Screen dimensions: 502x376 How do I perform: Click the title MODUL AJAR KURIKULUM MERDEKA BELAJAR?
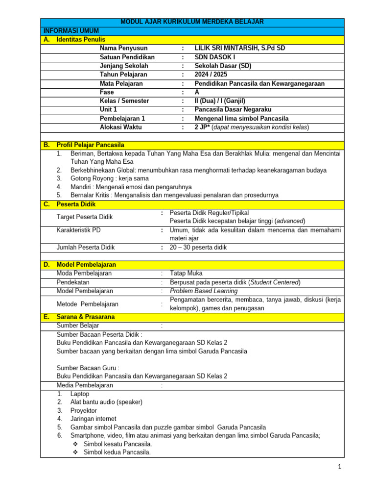pos(192,22)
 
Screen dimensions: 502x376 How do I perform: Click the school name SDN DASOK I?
pos(215,57)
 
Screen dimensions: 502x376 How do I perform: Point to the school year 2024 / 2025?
pos(211,75)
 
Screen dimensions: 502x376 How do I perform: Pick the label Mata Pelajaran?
pos(121,83)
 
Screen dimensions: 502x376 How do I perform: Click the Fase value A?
pos(197,92)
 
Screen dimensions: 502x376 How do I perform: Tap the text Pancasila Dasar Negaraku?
pos(233,109)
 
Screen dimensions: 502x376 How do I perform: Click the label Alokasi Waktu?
pos(121,127)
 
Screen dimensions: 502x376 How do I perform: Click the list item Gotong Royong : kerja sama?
pos(110,178)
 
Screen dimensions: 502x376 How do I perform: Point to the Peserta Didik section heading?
pos(76,204)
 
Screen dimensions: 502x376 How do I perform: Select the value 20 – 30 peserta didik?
pos(198,248)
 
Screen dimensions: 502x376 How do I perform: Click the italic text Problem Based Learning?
pos(204,291)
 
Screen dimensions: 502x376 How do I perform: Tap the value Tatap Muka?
pos(186,273)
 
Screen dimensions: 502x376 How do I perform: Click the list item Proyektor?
pos(84,410)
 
